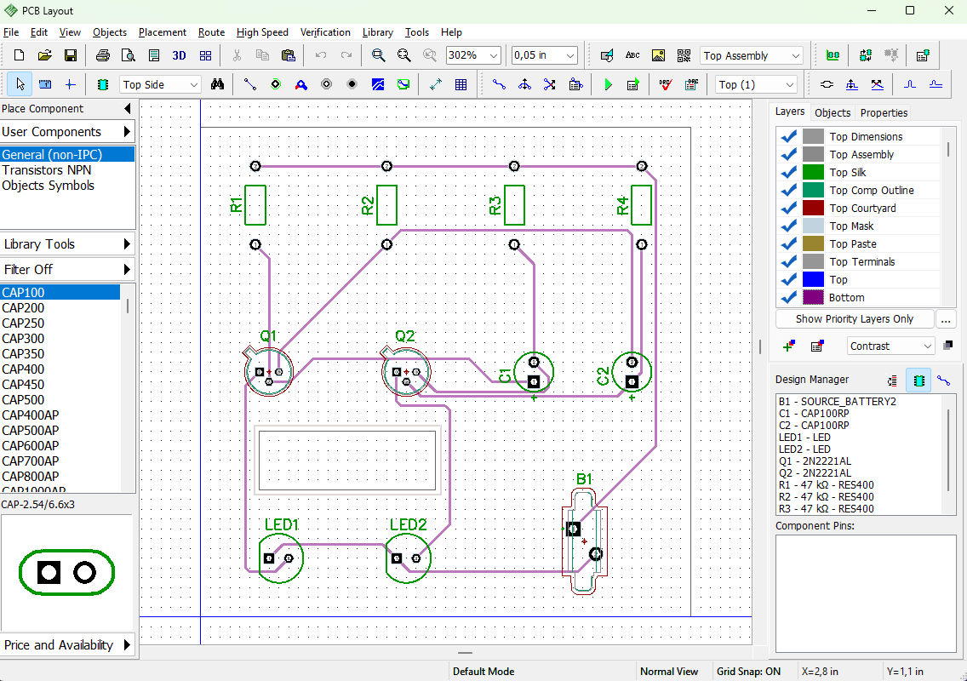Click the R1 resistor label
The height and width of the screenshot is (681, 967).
pyautogui.click(x=236, y=205)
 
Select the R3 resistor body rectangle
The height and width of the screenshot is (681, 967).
pyautogui.click(x=514, y=205)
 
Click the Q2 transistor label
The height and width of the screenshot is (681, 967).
pyautogui.click(x=404, y=336)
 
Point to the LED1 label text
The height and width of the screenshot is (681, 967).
pyautogui.click(x=282, y=524)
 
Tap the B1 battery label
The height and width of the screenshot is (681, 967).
pyautogui.click(x=584, y=479)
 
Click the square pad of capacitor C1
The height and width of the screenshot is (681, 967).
pyautogui.click(x=534, y=382)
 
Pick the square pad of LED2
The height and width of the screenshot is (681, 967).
pyautogui.click(x=397, y=558)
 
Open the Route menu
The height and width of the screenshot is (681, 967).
pyautogui.click(x=211, y=32)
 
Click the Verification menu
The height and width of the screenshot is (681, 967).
pyautogui.click(x=325, y=32)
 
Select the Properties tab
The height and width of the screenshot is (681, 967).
pyautogui.click(x=884, y=113)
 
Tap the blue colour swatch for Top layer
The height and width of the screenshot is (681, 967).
pyautogui.click(x=814, y=279)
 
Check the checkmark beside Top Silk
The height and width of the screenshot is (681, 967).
pyautogui.click(x=789, y=173)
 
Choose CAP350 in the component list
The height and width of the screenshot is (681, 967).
pyautogui.click(x=23, y=354)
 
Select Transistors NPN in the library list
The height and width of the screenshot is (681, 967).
pyautogui.click(x=46, y=170)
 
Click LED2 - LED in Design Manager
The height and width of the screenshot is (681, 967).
pyautogui.click(x=804, y=449)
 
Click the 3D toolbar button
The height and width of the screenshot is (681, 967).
pyautogui.click(x=180, y=55)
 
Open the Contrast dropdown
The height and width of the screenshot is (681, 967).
pyautogui.click(x=890, y=346)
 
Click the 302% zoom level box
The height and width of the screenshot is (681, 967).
pyautogui.click(x=473, y=55)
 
